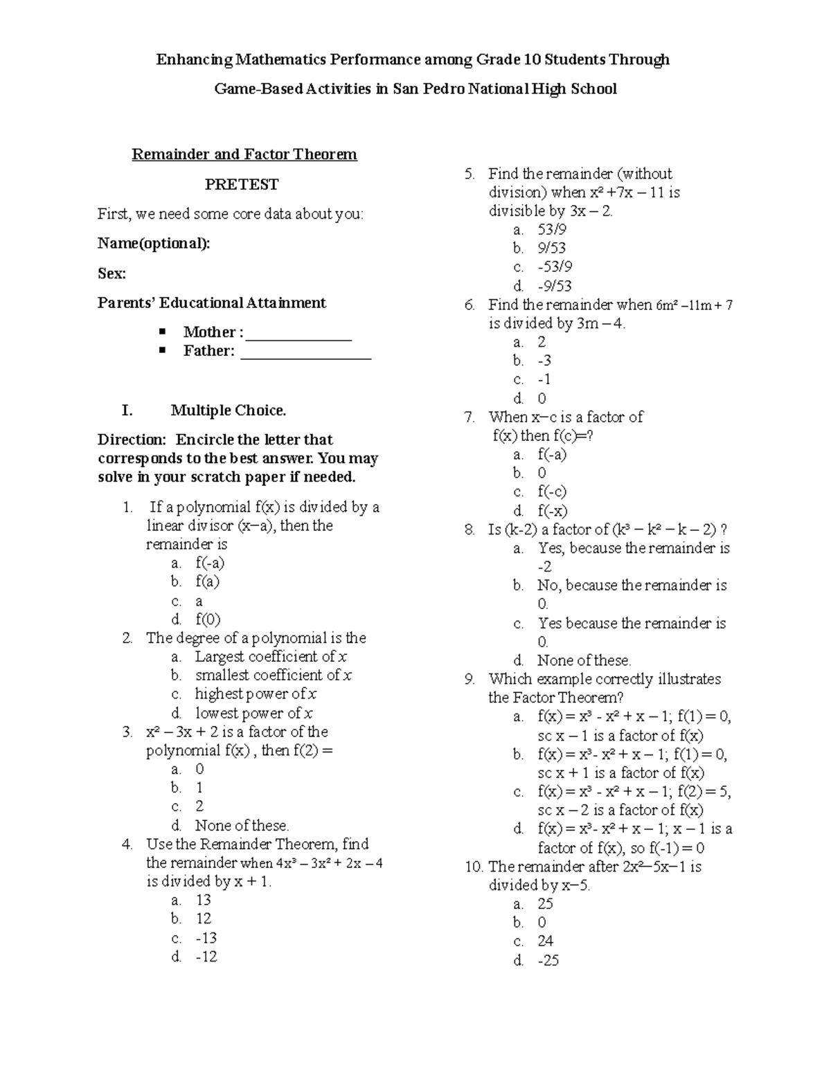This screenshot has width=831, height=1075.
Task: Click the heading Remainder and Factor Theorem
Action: [x=244, y=154]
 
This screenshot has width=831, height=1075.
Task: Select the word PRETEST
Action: [x=241, y=184]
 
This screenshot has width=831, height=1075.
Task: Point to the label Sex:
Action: [x=111, y=273]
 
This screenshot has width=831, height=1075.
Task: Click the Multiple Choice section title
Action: [x=228, y=410]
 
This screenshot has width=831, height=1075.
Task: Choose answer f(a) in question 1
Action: [x=207, y=581]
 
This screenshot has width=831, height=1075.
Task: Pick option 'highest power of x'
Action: [x=256, y=694]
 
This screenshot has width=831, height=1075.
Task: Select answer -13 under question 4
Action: [x=206, y=938]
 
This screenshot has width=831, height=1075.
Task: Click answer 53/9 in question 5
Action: [x=551, y=230]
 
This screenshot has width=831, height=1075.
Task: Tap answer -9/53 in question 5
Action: [x=554, y=286]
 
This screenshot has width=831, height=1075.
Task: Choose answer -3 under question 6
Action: [x=544, y=361]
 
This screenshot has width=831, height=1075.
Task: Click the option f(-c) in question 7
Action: [x=552, y=491]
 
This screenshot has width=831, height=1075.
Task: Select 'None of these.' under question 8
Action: [x=584, y=660]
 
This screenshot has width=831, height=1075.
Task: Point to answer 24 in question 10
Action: [x=545, y=941]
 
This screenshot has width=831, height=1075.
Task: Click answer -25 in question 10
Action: [x=548, y=960]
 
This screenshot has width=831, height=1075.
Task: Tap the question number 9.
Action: [x=470, y=679]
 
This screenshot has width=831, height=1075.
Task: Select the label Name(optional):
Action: [x=154, y=244]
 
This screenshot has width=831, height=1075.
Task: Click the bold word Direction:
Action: [x=132, y=440]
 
